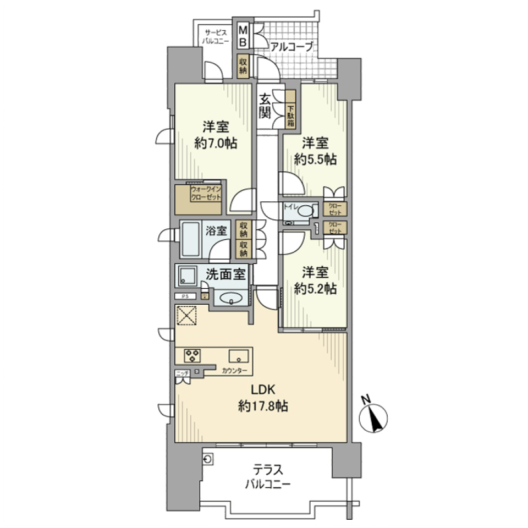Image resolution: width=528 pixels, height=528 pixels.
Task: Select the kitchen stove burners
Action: pos(193,355)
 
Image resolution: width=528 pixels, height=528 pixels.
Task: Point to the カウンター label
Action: pos(234,371)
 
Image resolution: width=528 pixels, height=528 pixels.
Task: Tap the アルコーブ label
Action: pos(291,46)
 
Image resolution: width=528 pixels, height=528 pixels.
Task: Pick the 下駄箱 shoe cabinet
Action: pos(290,109)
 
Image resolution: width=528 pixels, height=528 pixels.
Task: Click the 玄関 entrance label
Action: pos(265,107)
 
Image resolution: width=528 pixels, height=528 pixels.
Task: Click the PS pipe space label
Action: pos(185,296)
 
